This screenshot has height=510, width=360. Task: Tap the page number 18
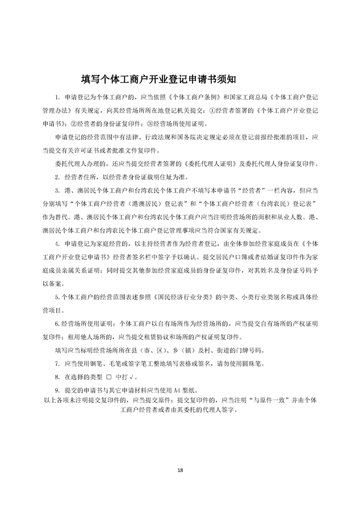click(180, 469)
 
